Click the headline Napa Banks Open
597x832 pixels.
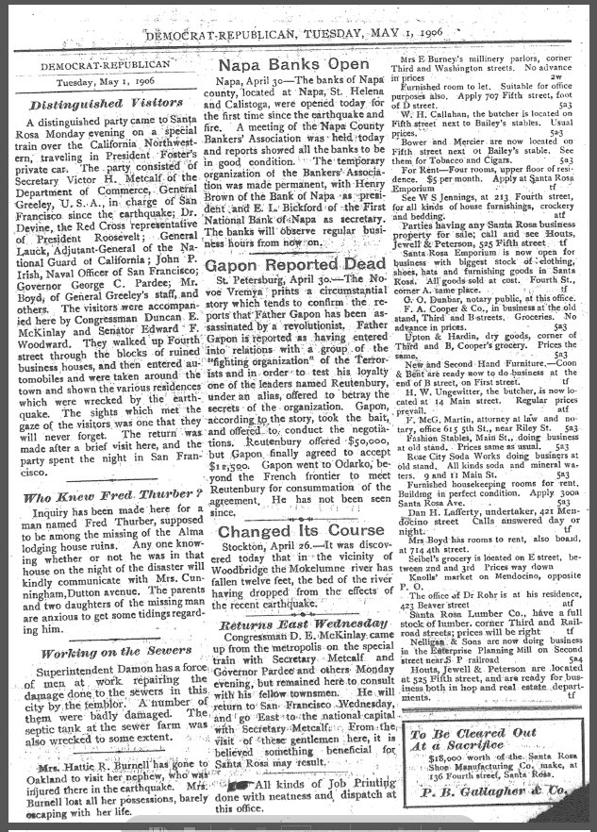coord(293,65)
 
